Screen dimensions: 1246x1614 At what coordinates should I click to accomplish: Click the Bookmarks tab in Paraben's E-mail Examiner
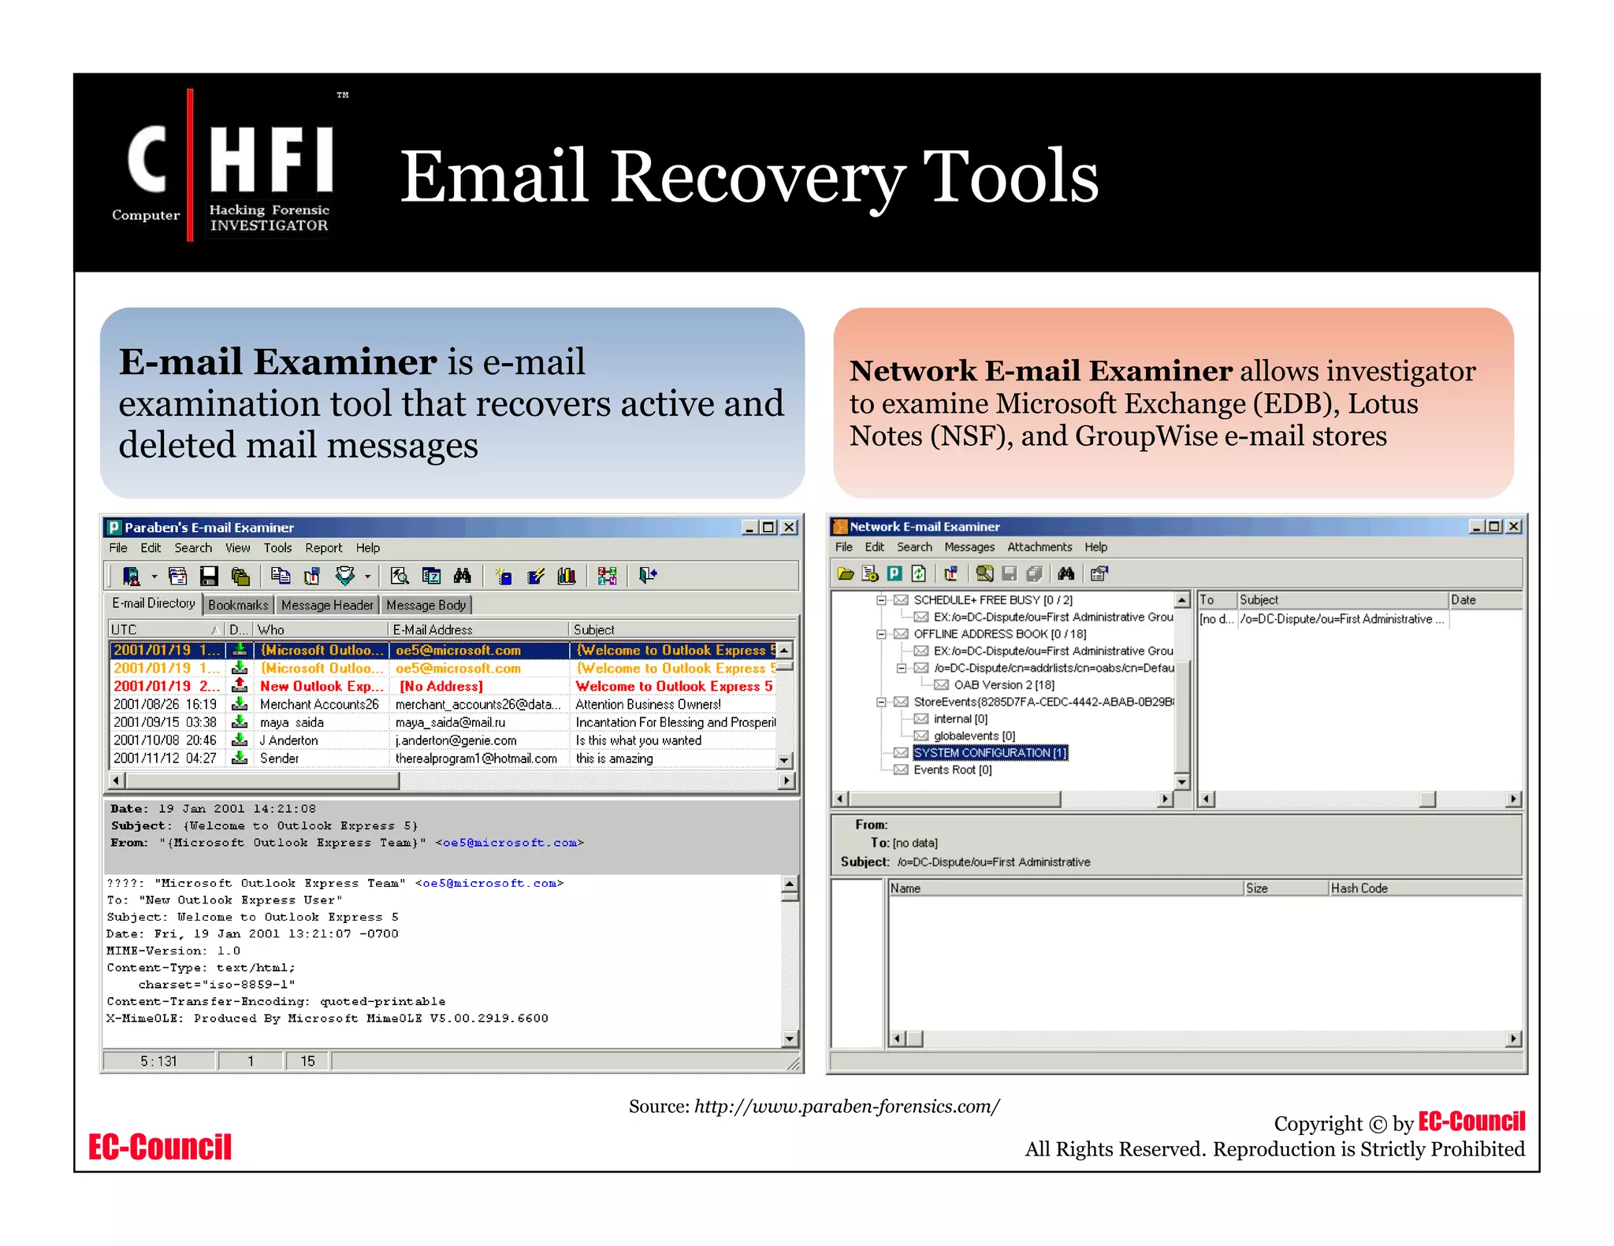[x=238, y=605]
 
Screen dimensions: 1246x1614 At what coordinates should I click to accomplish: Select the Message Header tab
[x=327, y=605]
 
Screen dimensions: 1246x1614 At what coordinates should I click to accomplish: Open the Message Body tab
[x=426, y=605]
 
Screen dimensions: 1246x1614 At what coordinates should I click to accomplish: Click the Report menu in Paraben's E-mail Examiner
[x=323, y=548]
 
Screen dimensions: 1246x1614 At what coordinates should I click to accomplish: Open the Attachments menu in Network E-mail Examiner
[x=1039, y=547]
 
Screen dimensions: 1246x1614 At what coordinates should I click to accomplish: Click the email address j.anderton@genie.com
[x=456, y=740]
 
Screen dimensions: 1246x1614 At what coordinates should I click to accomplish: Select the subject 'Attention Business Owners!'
[x=648, y=704]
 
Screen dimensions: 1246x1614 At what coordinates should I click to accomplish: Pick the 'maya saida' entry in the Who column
[x=292, y=722]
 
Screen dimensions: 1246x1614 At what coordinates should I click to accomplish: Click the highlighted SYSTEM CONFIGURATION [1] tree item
[x=990, y=753]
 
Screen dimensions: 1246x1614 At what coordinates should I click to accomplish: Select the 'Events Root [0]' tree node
[x=952, y=770]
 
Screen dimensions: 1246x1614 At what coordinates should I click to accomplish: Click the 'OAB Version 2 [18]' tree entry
[x=1003, y=685]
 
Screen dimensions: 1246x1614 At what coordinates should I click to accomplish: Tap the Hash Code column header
[x=1359, y=888]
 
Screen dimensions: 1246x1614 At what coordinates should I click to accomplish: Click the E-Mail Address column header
[x=433, y=630]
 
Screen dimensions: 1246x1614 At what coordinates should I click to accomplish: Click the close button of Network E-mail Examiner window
[x=1513, y=526]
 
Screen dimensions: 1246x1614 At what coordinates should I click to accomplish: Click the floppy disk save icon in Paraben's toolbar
[x=209, y=577]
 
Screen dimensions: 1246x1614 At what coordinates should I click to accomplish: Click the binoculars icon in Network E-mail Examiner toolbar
[x=1066, y=573]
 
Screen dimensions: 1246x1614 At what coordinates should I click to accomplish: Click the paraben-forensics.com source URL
[x=846, y=1107]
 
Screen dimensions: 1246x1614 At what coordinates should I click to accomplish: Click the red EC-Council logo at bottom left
[x=160, y=1147]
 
